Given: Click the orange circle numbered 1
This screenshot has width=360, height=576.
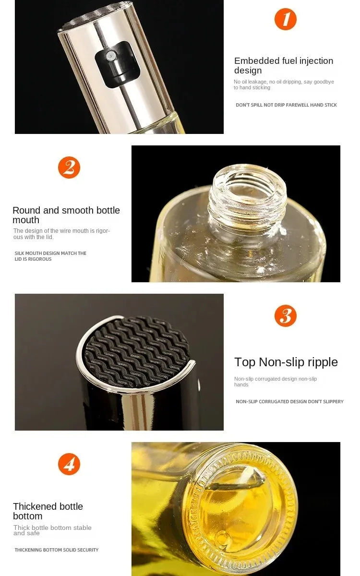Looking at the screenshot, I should [285, 20].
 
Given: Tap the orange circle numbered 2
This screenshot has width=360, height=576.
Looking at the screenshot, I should [69, 168].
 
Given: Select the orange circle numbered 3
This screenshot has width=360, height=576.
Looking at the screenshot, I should [285, 316].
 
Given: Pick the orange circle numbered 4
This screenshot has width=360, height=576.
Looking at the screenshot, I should [69, 464].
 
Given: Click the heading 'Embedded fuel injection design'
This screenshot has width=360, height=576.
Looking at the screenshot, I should [283, 66].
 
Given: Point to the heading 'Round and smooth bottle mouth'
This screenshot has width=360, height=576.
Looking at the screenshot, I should [66, 215].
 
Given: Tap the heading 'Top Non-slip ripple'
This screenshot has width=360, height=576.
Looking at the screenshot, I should [286, 362].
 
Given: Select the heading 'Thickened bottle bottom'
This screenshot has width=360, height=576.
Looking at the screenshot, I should [48, 511].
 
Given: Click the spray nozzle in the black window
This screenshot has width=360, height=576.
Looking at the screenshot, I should [111, 56].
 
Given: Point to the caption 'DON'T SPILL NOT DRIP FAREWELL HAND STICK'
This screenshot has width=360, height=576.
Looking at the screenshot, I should [286, 105].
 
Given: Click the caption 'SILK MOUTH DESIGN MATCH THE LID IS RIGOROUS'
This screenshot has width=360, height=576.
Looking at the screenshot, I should [50, 256].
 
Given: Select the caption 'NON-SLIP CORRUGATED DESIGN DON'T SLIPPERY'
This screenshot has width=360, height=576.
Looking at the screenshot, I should [289, 402].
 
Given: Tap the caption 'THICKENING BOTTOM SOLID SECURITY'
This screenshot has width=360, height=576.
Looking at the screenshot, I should [56, 550].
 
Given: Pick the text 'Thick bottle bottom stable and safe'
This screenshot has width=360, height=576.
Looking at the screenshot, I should [52, 530].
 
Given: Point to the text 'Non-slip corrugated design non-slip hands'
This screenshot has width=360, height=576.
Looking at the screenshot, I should [276, 382].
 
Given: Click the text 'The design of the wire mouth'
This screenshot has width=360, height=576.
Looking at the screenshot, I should [61, 234].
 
